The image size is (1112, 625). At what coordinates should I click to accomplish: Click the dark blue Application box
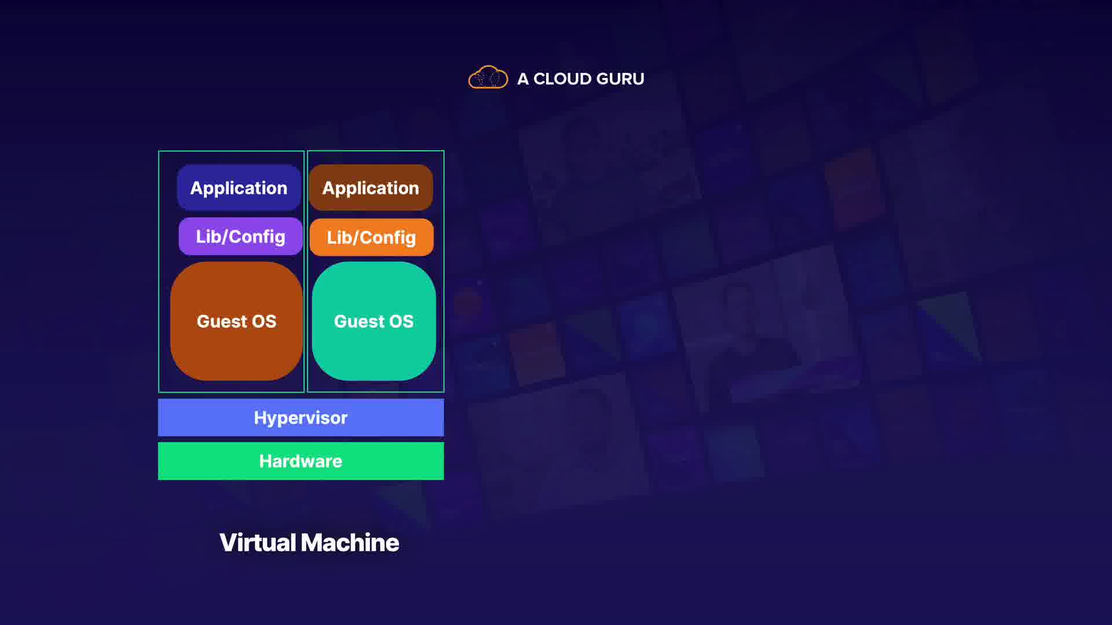(239, 187)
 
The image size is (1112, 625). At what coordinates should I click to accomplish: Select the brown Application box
(371, 187)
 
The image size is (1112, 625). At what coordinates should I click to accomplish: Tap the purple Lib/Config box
(240, 236)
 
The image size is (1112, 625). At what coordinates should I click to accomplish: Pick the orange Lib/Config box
(371, 237)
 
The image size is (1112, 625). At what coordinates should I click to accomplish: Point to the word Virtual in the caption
(258, 543)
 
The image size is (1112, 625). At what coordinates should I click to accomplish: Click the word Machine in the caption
(350, 543)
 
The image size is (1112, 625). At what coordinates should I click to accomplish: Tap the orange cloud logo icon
(488, 78)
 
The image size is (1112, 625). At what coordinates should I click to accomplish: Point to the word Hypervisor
(301, 418)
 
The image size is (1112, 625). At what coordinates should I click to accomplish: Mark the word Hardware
(301, 461)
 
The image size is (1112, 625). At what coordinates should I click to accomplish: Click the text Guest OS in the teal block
(374, 321)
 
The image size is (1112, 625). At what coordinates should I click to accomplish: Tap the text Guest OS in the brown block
(236, 321)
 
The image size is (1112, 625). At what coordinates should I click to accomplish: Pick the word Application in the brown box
(371, 188)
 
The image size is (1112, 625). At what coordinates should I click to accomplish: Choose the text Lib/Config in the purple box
(240, 237)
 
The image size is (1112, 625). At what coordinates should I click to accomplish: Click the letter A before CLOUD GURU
(522, 79)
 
